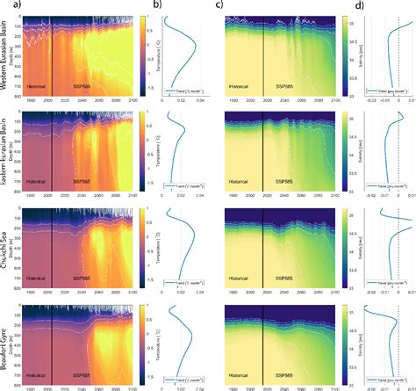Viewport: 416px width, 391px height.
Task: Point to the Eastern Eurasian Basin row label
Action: click(6, 152)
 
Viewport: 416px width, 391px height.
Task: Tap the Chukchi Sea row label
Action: click(6, 248)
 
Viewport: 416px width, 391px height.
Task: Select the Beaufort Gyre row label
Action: click(6, 343)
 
